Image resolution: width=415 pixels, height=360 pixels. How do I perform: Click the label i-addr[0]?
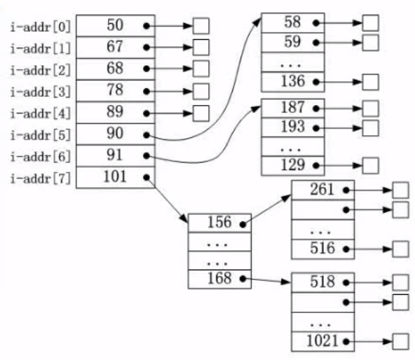pyautogui.click(x=41, y=27)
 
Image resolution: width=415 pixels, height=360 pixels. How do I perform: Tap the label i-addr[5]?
pyautogui.click(x=41, y=135)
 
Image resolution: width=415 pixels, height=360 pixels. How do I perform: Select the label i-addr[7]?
pyautogui.click(x=41, y=179)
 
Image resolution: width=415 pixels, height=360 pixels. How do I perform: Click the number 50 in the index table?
pyautogui.click(x=115, y=25)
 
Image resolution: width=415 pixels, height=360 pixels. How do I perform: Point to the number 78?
pyautogui.click(x=115, y=90)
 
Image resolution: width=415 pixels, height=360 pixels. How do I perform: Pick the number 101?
pyautogui.click(x=115, y=176)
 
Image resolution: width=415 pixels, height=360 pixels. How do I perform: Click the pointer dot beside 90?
pyautogui.click(x=147, y=135)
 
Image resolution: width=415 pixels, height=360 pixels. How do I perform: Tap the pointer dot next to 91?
pyautogui.click(x=147, y=156)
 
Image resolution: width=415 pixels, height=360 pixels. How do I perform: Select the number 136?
pyautogui.click(x=293, y=81)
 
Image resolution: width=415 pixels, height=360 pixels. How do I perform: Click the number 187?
pyautogui.click(x=293, y=107)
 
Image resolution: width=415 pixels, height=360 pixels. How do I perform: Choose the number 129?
pyautogui.click(x=293, y=165)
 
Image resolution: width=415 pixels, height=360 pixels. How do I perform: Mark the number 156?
pyautogui.click(x=219, y=222)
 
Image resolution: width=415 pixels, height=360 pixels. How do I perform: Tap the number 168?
pyautogui.click(x=219, y=278)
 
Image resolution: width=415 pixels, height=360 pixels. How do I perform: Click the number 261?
pyautogui.click(x=322, y=189)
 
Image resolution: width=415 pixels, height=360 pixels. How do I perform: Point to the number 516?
pyautogui.click(x=322, y=248)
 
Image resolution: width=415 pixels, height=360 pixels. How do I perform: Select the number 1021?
pyautogui.click(x=322, y=340)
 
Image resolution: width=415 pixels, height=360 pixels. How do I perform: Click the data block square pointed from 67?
pyautogui.click(x=201, y=48)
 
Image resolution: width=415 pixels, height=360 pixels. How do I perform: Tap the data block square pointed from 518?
pyautogui.click(x=400, y=282)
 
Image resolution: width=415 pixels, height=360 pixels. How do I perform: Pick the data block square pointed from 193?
pyautogui.click(x=371, y=128)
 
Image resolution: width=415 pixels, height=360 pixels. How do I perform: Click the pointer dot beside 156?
pyautogui.click(x=243, y=225)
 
